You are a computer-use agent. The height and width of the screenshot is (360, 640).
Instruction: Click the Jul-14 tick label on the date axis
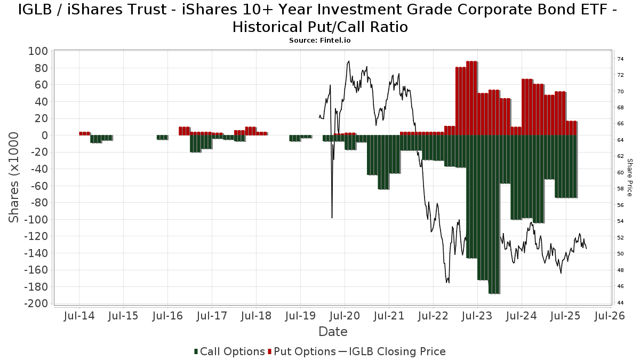coord(79,316)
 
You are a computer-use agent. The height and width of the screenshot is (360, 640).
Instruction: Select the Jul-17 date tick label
coord(212,316)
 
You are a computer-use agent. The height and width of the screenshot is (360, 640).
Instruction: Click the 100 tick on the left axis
coord(38,51)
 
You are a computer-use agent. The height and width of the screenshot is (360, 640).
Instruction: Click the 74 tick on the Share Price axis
coord(620,59)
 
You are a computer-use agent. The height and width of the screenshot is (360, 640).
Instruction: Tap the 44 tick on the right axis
coord(620,303)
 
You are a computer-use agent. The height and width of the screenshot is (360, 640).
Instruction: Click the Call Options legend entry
coord(230,351)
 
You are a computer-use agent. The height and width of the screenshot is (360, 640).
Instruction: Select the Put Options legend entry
coord(302,351)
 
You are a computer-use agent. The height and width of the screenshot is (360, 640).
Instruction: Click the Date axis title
coord(333,332)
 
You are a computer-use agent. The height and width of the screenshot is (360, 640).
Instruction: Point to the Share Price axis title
coord(629,177)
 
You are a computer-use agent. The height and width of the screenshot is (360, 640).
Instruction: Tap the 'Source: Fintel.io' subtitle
coord(320,40)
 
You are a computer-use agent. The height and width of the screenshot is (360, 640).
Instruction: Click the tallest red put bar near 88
coord(471,98)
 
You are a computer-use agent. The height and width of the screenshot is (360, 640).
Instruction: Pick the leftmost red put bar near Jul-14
coord(84,133)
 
